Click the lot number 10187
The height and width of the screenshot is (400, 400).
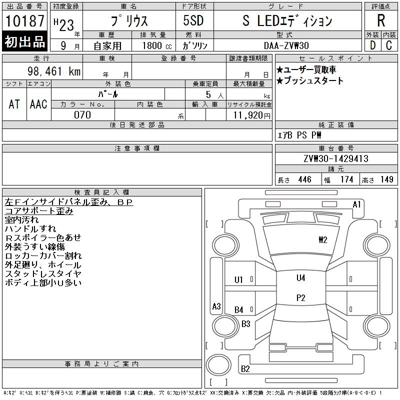coord(24,21)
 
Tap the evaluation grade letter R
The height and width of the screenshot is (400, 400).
coord(381,21)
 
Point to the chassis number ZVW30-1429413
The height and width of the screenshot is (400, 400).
coord(335,159)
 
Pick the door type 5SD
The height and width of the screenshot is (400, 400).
coord(194,21)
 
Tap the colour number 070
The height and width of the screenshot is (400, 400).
coord(82,115)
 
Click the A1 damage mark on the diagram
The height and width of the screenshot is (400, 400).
coord(356,204)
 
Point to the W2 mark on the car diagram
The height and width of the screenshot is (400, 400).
coord(323,239)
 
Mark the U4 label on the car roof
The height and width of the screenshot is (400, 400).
coord(300,278)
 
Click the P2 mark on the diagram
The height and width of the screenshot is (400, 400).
coord(300,298)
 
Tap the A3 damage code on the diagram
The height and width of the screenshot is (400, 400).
coord(216,306)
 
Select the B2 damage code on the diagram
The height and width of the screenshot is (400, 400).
coord(245,369)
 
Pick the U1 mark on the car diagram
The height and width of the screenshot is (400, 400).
coord(239,280)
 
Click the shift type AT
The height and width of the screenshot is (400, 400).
coord(14,104)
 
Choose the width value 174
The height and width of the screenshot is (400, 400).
coord(346,179)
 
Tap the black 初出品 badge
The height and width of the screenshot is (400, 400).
coord(24,42)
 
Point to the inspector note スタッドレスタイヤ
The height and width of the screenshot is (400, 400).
coord(43,273)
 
